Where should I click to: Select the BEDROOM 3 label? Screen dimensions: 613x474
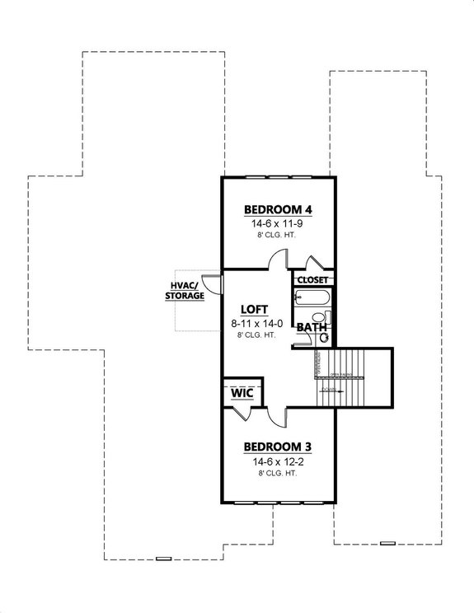coord(277,447)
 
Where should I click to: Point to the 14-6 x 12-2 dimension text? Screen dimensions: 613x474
coord(277,461)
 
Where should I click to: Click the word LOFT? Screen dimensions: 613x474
coord(255,312)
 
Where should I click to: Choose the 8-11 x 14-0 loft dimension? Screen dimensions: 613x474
coord(255,325)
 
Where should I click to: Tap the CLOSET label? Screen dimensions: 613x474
coord(313,280)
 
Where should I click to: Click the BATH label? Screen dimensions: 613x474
coord(311,328)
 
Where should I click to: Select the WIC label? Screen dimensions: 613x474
coord(242,394)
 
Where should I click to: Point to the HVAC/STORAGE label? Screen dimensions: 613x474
coord(184,291)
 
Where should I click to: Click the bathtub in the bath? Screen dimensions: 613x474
coord(311,298)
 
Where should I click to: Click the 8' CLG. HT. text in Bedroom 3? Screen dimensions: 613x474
coord(277,474)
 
